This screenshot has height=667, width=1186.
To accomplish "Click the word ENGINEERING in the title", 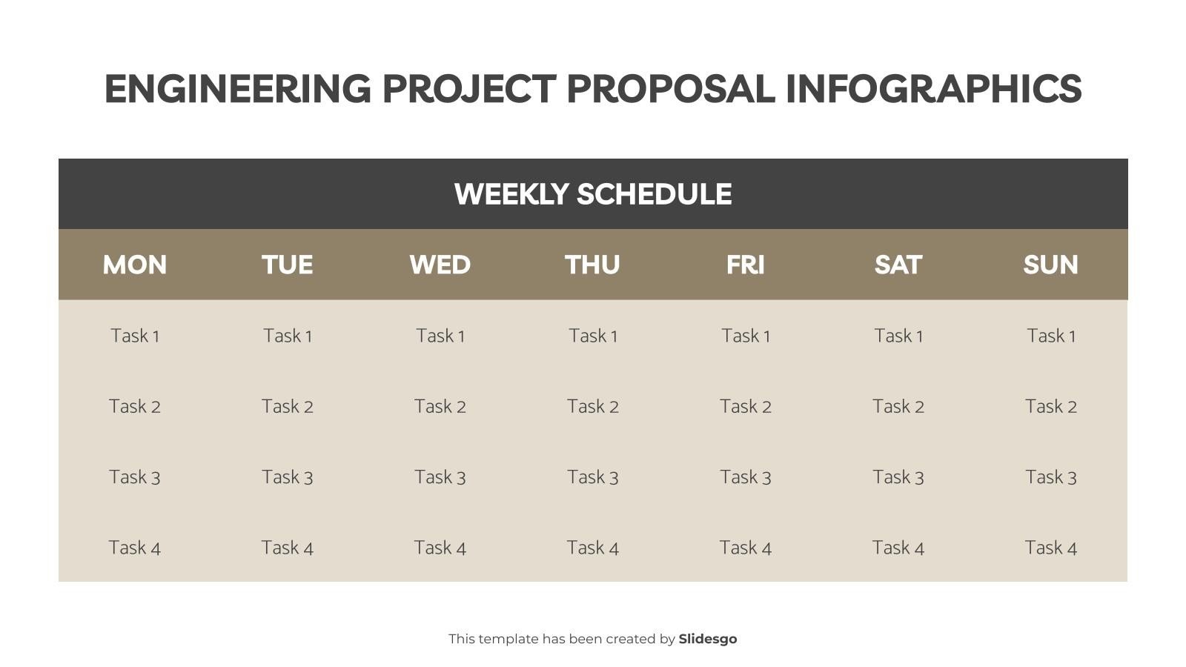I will tap(237, 89).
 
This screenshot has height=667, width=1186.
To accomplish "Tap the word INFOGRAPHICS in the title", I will tap(933, 89).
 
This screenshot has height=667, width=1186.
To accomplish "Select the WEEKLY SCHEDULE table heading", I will tap(593, 194).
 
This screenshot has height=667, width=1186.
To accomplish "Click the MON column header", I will tap(135, 265).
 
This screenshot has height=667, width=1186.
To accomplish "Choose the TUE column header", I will tap(288, 265).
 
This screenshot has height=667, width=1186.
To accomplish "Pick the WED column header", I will tap(440, 265).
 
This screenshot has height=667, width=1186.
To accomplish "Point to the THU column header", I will tap(593, 265).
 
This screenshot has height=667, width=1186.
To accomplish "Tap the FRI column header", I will tap(746, 265).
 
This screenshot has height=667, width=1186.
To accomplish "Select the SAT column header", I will tap(898, 265).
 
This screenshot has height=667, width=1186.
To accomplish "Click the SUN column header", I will tap(1051, 265).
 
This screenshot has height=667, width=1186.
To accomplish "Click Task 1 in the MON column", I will tap(135, 336).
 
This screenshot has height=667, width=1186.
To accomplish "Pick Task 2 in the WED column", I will tap(440, 406).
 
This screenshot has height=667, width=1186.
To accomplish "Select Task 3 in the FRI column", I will tap(746, 477).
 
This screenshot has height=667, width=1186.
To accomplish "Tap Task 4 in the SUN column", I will tap(1051, 548).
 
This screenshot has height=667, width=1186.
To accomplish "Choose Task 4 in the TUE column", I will tap(288, 548).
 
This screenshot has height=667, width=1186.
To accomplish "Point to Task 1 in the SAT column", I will tap(898, 336).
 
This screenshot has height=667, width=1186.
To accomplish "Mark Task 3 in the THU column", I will tap(593, 477).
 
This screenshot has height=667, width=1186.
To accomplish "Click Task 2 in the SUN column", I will tap(1051, 406).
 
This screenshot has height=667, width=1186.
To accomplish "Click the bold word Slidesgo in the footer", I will tap(708, 639).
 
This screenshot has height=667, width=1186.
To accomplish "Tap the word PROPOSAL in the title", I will tap(670, 89).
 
